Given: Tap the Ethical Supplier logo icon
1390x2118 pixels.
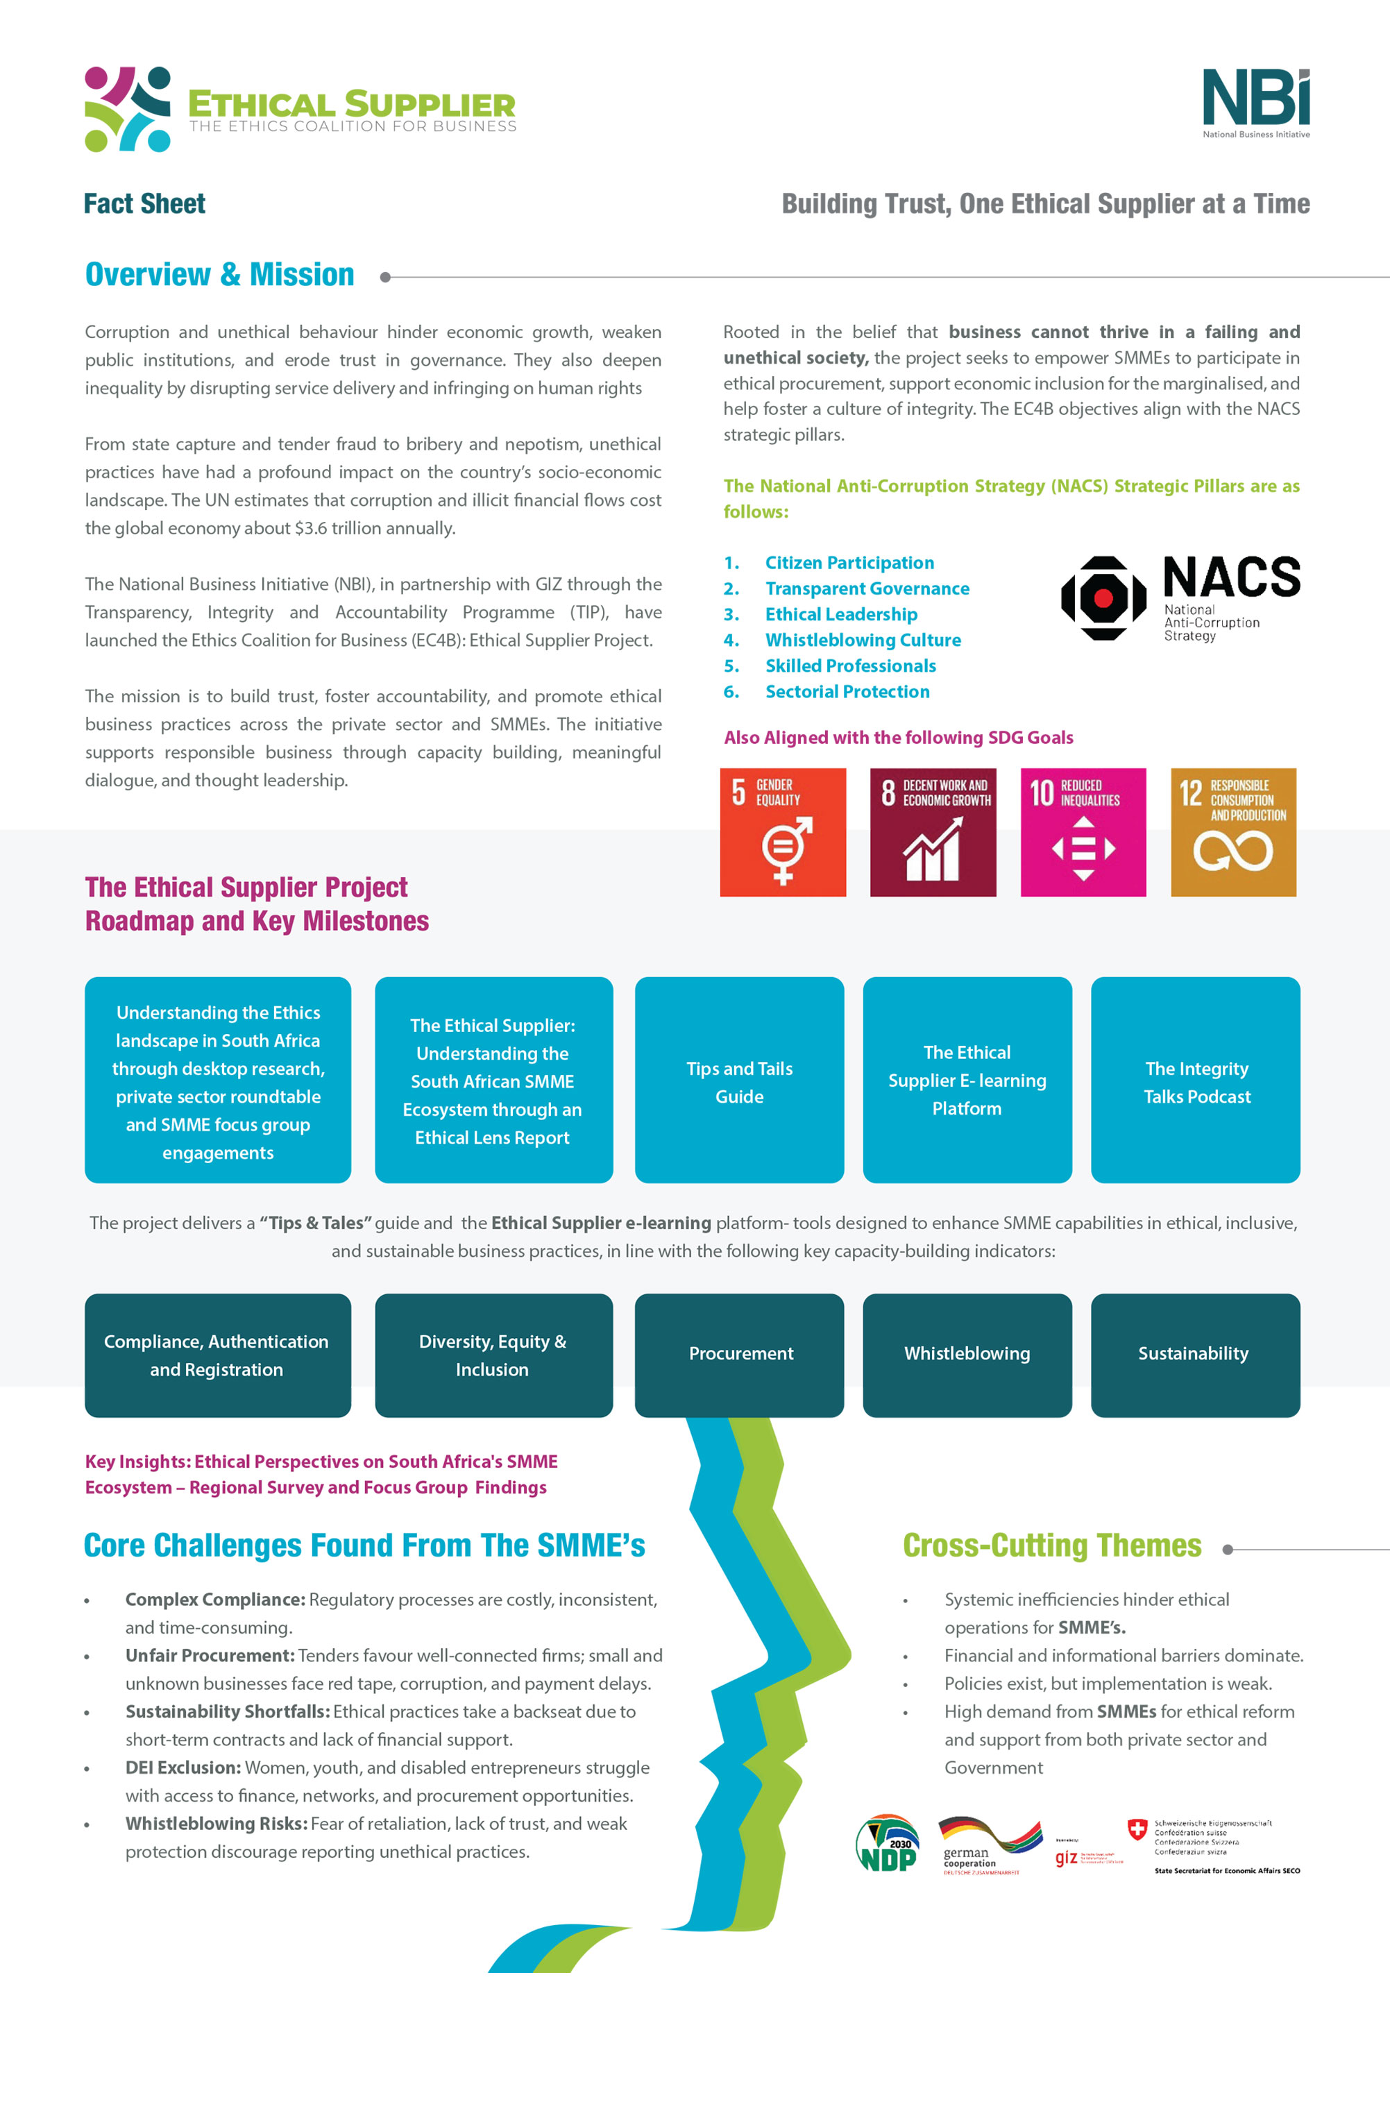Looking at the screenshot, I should pos(127,108).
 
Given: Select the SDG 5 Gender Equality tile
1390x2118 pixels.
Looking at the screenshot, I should pos(782,832).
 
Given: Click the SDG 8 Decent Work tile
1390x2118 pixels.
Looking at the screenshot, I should pos(933,832).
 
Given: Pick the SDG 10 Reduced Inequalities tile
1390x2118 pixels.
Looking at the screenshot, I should pos(1083,832).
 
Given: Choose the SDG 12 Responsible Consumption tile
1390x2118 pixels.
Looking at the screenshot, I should pos(1233,832).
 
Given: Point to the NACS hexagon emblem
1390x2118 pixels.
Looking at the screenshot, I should pos(1103,598).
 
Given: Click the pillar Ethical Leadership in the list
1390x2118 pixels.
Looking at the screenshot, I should pos(841,614).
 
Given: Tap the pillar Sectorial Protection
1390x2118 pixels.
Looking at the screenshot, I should pos(847,691).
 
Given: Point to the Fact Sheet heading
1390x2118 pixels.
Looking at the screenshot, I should pos(144,204).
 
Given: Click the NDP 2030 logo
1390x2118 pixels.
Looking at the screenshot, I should pos(887,1844).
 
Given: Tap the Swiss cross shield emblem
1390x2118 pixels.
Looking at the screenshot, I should pos(1137,1830).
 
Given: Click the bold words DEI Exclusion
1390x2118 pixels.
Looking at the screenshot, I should pos(183,1768).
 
